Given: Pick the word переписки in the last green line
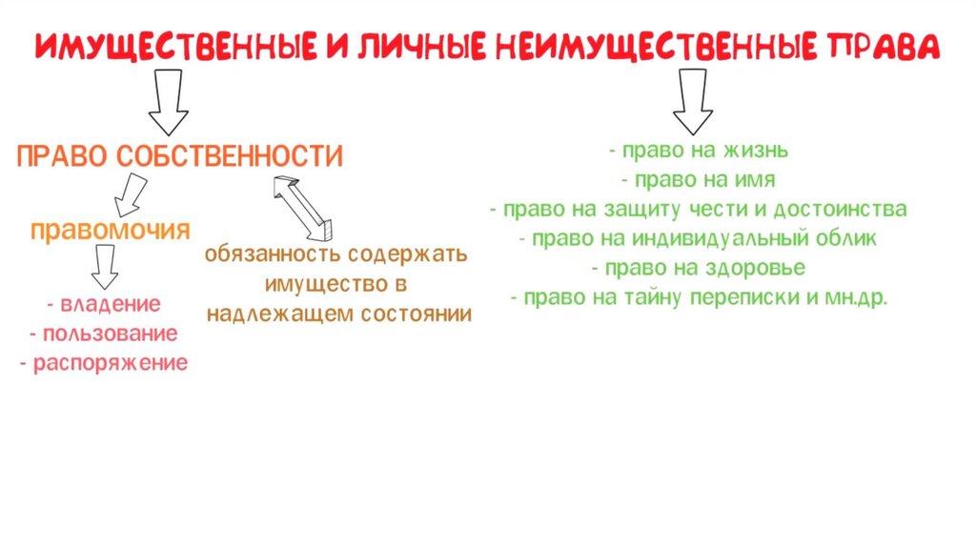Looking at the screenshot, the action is point(754,297).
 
